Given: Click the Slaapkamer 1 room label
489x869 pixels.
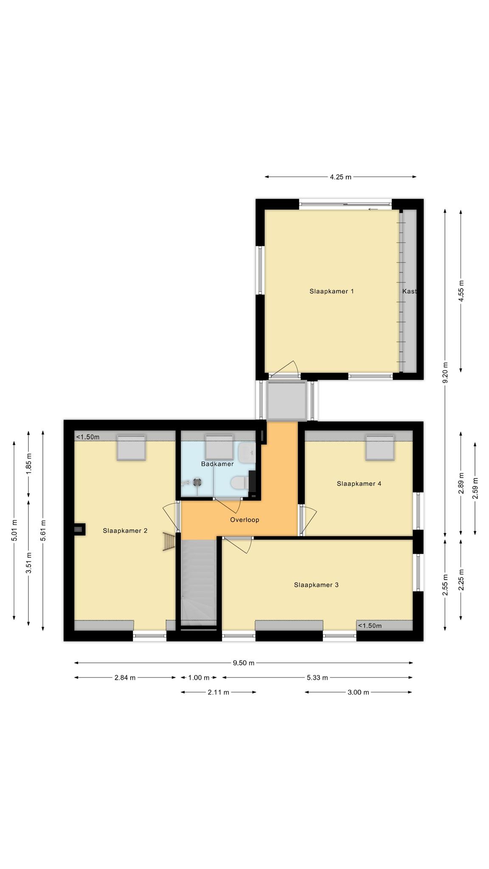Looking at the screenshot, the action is click(x=332, y=291).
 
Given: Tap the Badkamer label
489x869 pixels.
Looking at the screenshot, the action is click(x=217, y=464).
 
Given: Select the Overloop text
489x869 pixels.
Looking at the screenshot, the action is click(x=244, y=519).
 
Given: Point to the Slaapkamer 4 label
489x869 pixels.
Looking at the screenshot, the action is click(x=359, y=483).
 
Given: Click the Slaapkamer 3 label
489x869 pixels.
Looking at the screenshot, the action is click(x=316, y=585).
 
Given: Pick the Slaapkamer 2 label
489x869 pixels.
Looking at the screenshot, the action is click(x=125, y=530).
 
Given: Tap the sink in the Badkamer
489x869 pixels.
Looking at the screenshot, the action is click(x=247, y=453).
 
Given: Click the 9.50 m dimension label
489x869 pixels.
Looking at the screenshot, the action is click(x=244, y=663).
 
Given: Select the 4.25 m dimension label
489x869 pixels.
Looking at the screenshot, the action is click(x=341, y=177).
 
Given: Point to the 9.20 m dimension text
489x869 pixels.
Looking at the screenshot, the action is click(x=445, y=372).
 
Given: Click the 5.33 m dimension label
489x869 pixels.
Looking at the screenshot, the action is click(x=318, y=678).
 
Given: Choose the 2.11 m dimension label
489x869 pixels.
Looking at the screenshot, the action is click(x=219, y=692).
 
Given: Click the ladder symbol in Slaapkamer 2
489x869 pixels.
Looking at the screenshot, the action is click(x=169, y=542).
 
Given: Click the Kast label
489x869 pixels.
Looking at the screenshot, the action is click(x=410, y=291).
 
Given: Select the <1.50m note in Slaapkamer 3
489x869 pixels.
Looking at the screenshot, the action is click(x=370, y=625).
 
